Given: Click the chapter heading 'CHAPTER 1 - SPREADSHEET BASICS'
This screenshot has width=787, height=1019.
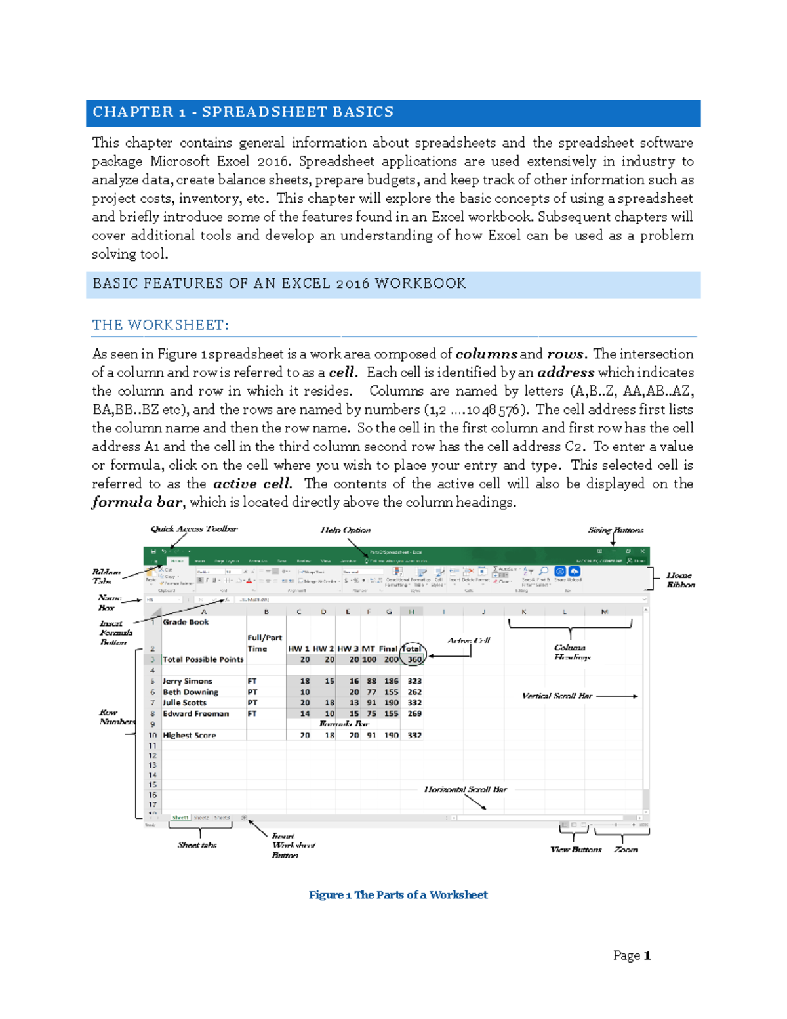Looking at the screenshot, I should (243, 112).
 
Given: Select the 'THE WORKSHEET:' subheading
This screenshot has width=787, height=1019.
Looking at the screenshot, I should (161, 325).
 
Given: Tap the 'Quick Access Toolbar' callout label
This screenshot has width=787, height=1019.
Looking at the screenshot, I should (194, 529).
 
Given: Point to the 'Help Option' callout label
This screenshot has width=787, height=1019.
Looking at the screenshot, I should (346, 530).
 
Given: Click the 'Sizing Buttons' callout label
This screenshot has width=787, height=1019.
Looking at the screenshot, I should (615, 530).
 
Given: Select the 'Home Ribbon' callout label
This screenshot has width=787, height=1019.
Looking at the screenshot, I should (680, 580).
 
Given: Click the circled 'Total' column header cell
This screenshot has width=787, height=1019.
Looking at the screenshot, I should (412, 648).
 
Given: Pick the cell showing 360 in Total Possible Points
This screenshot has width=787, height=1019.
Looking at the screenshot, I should (414, 659).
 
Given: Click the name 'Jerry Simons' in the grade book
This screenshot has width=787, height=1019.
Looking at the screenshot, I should (188, 681).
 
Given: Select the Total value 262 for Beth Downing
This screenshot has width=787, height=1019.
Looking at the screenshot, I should (414, 692).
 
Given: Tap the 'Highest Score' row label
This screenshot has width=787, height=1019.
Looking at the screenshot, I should (190, 735).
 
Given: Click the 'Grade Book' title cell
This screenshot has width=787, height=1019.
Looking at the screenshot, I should (186, 622).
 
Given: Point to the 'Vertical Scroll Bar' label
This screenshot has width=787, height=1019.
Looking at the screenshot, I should (557, 696).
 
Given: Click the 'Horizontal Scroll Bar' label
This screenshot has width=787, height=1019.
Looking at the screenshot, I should (465, 789).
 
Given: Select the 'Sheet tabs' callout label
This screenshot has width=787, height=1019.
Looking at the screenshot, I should (197, 845).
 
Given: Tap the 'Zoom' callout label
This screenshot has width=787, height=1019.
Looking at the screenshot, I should (626, 850).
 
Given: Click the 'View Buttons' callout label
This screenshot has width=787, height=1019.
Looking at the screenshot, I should (575, 850).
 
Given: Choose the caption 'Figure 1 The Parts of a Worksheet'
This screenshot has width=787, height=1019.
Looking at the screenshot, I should (398, 895).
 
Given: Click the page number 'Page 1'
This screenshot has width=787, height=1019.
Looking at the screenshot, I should (632, 955).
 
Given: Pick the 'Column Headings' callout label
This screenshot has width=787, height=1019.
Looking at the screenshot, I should (571, 652).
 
